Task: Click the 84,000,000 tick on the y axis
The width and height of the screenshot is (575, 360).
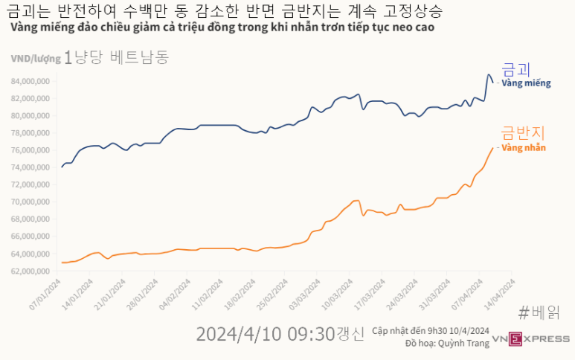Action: (x=30, y=81)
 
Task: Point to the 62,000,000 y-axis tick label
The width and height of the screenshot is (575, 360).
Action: (x=30, y=271)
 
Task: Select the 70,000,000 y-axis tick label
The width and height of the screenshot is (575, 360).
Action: (x=30, y=202)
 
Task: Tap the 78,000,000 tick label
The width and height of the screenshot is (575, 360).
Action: (x=30, y=133)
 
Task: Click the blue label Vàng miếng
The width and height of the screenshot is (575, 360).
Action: (x=526, y=83)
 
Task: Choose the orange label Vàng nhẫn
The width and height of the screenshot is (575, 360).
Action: (x=524, y=148)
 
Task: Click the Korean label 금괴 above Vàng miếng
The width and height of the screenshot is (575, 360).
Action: (x=516, y=69)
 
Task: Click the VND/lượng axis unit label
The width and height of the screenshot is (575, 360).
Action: (x=35, y=58)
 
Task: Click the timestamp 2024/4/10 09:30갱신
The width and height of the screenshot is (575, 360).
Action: (x=280, y=334)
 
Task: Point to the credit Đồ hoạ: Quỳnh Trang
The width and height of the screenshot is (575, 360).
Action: (x=436, y=344)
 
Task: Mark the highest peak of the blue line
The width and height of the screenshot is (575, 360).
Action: (x=488, y=74)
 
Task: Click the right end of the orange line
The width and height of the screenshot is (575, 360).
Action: (x=494, y=148)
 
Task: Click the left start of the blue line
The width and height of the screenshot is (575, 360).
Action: (x=62, y=167)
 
